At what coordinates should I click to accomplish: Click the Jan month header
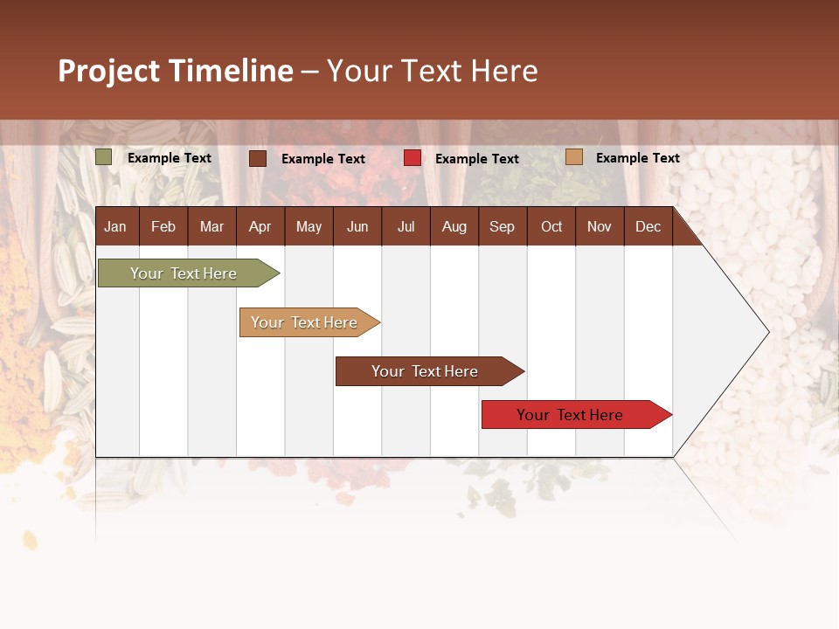116,226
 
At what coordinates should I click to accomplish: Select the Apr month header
260,226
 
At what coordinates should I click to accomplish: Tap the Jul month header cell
406,226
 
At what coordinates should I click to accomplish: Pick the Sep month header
503,226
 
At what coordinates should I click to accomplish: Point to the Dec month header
648,226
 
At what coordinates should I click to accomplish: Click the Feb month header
163,226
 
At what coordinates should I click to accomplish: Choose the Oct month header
551,226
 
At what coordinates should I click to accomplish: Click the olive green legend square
103,157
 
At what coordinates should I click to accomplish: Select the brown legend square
258,158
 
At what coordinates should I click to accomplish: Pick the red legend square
413,158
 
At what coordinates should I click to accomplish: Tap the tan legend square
574,157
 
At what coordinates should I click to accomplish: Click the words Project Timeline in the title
176,71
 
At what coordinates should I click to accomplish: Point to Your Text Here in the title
432,71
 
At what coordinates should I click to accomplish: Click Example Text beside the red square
476,159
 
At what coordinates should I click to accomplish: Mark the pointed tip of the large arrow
767,332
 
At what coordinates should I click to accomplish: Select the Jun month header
357,226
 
